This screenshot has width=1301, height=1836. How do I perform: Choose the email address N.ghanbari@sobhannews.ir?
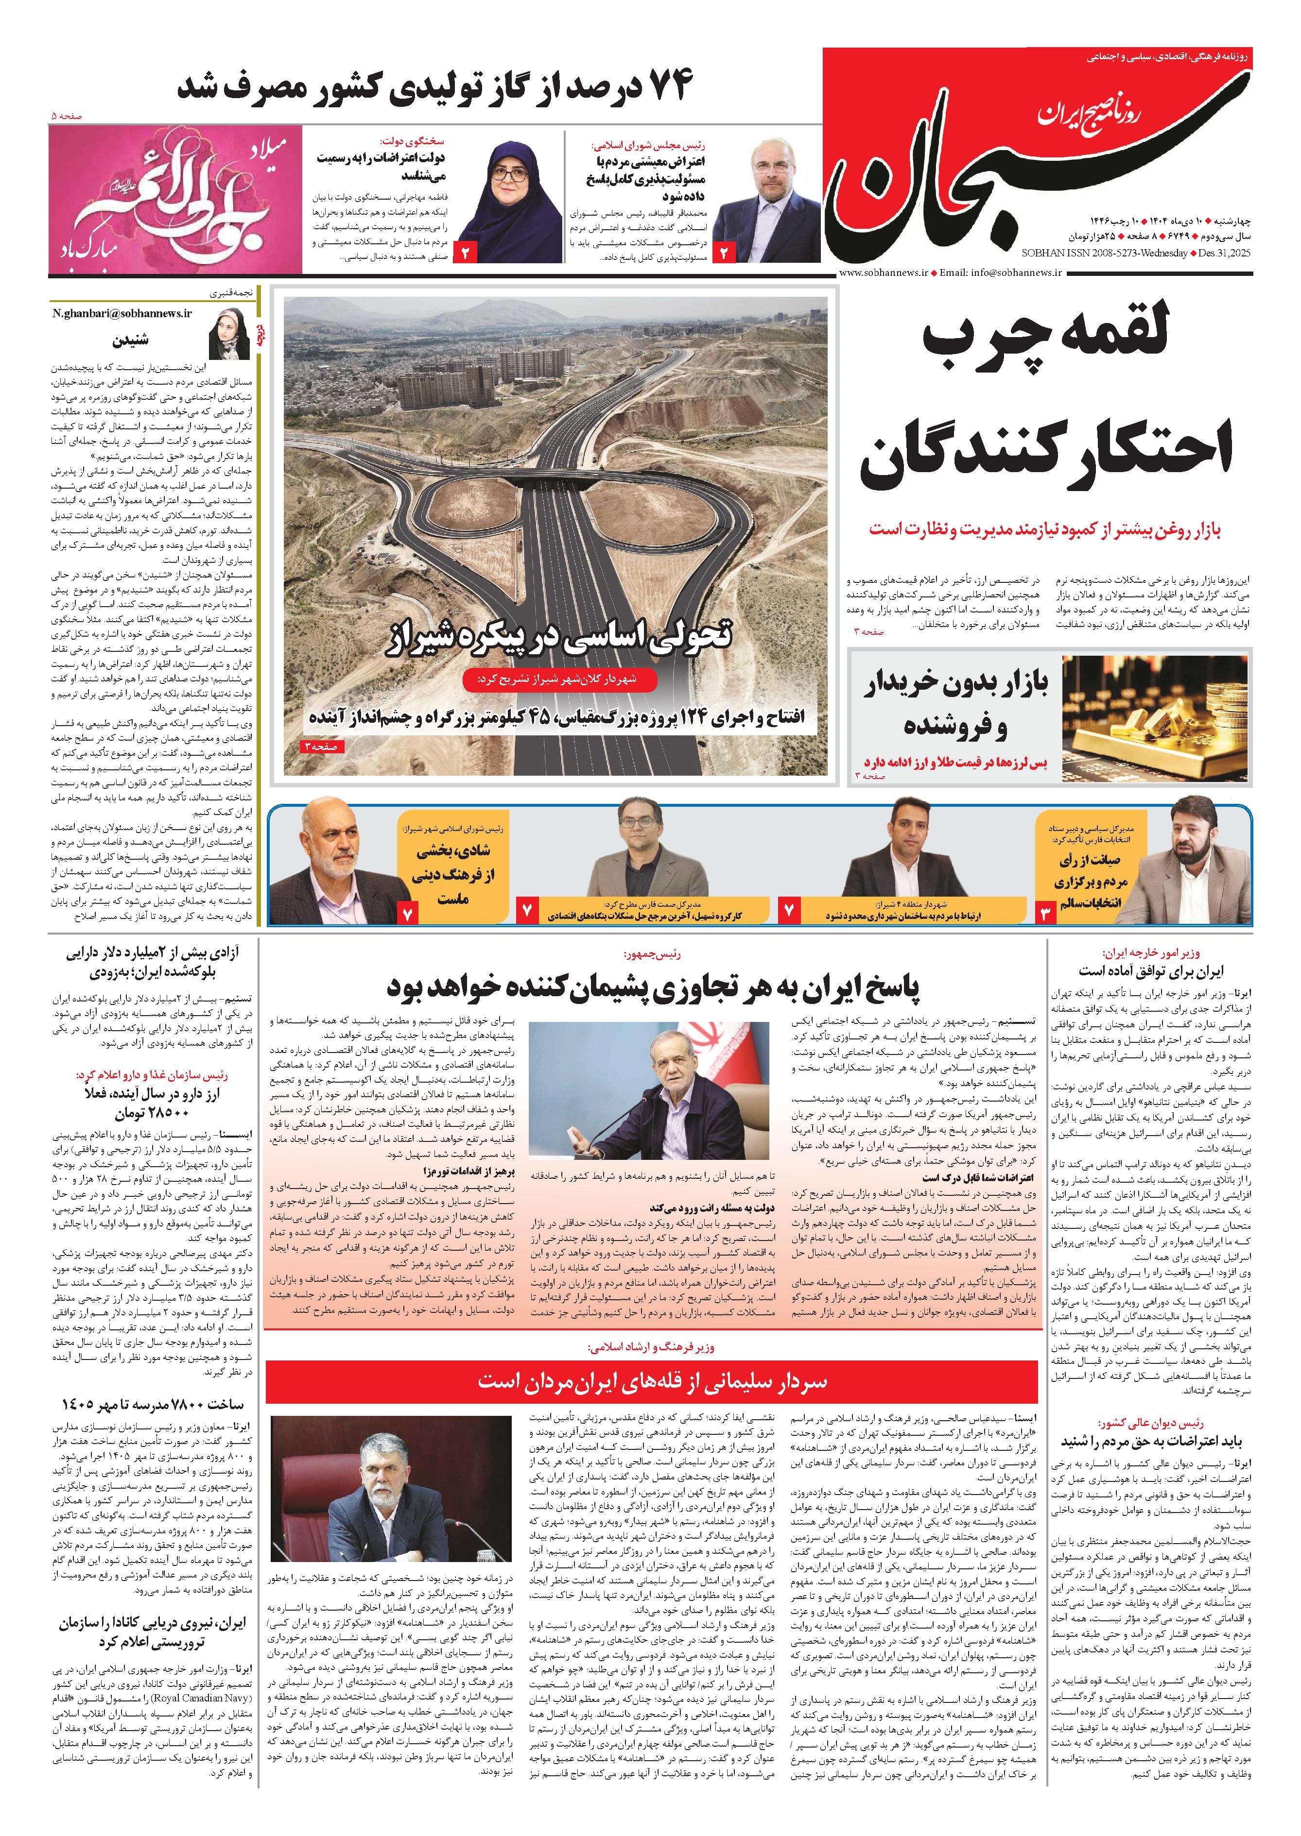click(x=122, y=313)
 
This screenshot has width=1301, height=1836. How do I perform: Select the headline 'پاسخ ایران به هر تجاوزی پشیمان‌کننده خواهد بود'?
click(x=653, y=988)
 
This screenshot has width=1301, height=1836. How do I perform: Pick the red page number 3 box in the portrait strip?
click(x=1046, y=912)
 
